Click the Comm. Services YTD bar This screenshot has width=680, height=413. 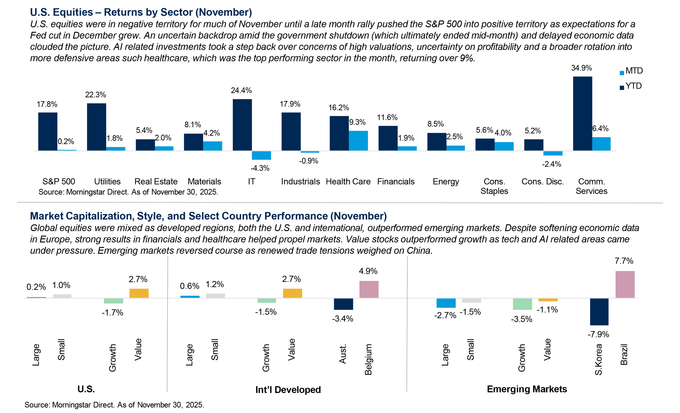click(582, 113)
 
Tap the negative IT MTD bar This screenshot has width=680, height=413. click(261, 155)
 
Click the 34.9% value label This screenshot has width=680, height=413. click(582, 68)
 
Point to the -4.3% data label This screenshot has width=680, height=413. click(260, 168)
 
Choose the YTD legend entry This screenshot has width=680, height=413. click(630, 86)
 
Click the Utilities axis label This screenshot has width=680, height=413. click(107, 181)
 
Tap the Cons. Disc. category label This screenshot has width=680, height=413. click(543, 181)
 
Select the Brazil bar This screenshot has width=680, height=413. click(625, 284)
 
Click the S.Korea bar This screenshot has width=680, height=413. click(599, 312)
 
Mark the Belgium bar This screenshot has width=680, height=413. click(369, 289)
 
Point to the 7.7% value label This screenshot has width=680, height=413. click(624, 261)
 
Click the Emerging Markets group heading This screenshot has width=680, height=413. click(527, 389)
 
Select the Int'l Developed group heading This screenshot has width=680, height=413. click(288, 390)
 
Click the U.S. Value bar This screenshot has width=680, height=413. click(139, 293)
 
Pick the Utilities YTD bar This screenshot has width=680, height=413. click(97, 127)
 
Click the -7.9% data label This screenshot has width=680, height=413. click(598, 334)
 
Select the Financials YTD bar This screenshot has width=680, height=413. click(388, 138)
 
